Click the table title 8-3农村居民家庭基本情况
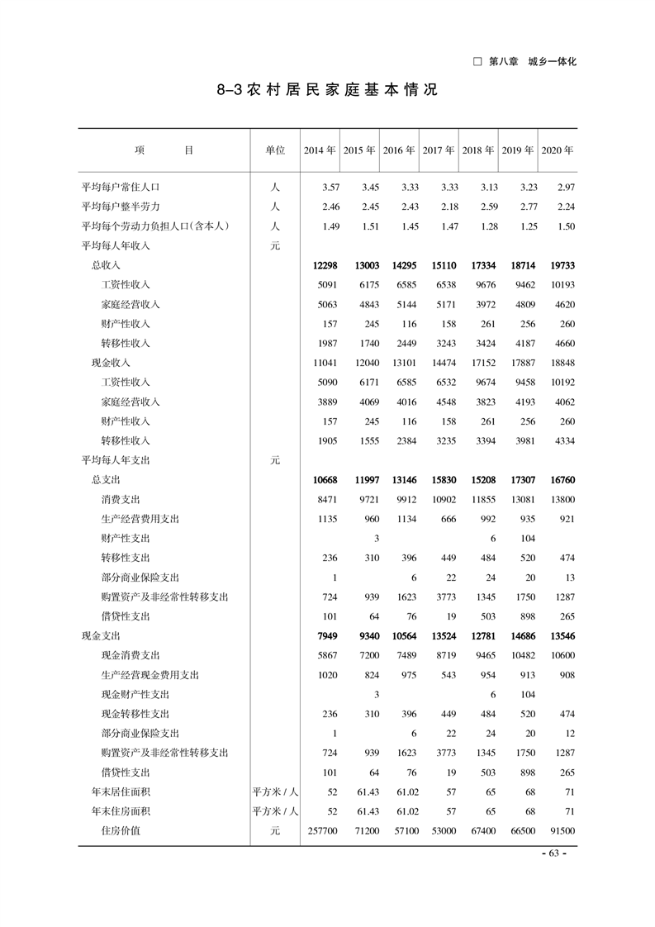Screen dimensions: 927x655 [327, 90]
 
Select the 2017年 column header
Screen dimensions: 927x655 [439, 150]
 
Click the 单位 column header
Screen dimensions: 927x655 [275, 150]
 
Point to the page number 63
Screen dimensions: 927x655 [553, 853]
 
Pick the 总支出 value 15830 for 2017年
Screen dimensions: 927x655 [439, 480]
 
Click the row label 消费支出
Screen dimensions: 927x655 [121, 499]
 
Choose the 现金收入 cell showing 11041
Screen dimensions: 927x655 [320, 362]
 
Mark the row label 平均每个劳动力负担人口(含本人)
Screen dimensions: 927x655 [154, 226]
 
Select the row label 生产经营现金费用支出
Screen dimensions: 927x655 [150, 675]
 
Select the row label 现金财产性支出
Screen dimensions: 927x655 [135, 694]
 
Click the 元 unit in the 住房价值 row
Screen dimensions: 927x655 [275, 830]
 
